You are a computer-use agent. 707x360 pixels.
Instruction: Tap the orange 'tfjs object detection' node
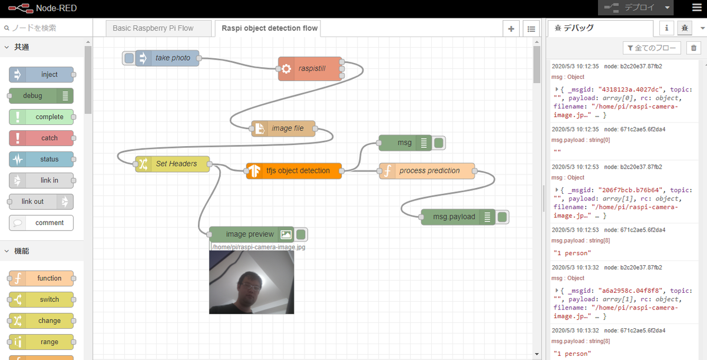(294, 171)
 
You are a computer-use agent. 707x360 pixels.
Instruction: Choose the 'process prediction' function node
(427, 171)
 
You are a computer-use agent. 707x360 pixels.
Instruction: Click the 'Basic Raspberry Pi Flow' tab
(153, 28)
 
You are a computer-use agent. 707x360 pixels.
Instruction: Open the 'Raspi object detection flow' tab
(269, 28)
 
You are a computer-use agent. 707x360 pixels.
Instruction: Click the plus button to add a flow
(511, 28)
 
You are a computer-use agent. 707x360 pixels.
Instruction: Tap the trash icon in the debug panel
(694, 48)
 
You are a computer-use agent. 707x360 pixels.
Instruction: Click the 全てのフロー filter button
(652, 48)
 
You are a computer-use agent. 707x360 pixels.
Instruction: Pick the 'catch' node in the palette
(41, 138)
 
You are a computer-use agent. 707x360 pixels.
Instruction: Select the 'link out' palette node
(41, 202)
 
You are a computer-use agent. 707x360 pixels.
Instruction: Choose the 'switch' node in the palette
(41, 299)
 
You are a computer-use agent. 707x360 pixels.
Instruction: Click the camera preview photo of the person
(252, 283)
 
